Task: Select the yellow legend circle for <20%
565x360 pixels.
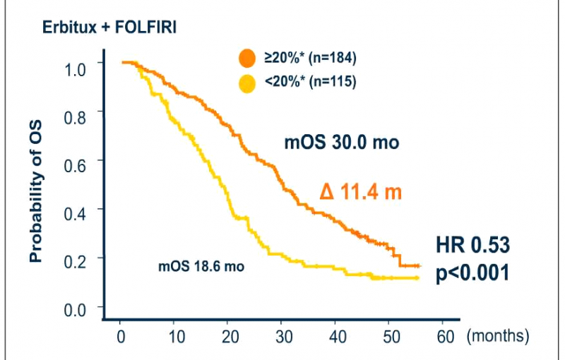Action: point(247,83)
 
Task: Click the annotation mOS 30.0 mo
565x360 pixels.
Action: point(342,143)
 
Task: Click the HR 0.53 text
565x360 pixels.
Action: point(472,246)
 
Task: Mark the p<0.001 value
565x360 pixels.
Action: point(471,273)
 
